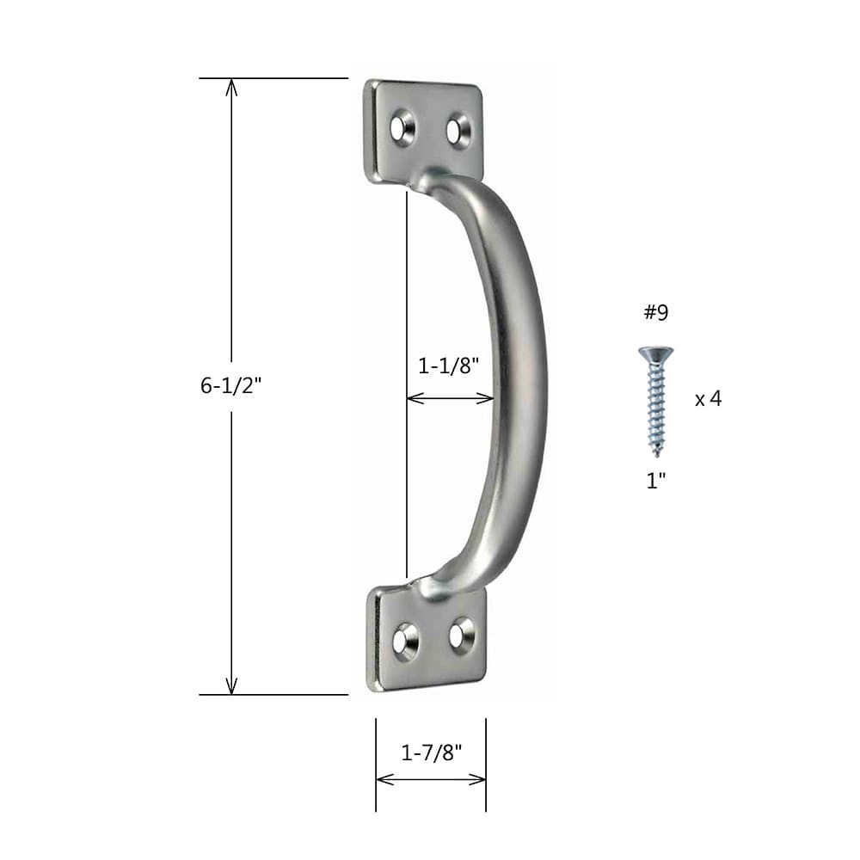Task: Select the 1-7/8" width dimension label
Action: (x=432, y=752)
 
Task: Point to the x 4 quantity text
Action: (x=708, y=399)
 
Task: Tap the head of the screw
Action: (x=655, y=353)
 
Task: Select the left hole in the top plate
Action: (x=401, y=127)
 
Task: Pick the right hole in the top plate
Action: (x=457, y=131)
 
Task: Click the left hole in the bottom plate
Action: (x=404, y=640)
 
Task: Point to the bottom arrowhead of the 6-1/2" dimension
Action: (x=230, y=688)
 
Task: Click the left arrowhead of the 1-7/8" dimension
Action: (x=382, y=779)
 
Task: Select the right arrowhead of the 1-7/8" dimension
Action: (x=481, y=779)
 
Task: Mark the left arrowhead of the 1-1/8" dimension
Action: (x=411, y=398)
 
